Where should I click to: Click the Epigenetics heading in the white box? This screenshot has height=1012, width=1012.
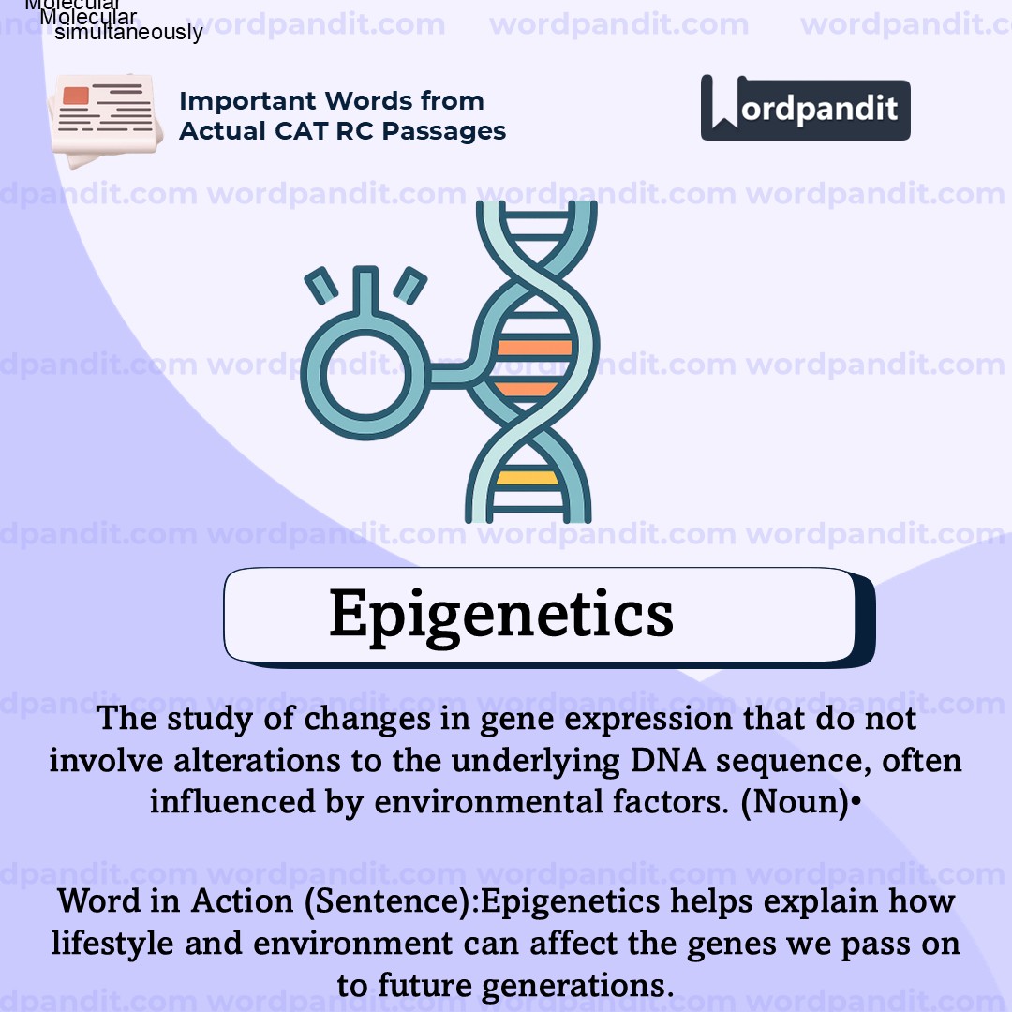tap(501, 615)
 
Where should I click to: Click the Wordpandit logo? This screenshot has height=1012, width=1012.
tap(805, 109)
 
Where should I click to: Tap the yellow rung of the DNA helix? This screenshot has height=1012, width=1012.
tap(528, 478)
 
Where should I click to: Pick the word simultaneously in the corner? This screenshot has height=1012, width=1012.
tap(128, 33)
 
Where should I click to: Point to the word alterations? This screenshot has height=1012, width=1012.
tap(257, 761)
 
